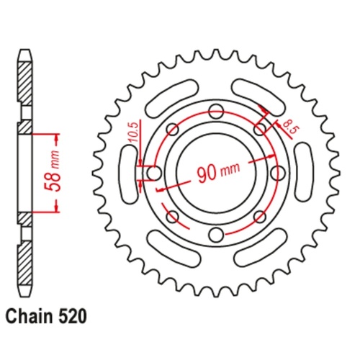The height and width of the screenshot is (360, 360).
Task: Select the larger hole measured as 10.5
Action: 153,174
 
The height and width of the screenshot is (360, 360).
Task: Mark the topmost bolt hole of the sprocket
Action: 215,112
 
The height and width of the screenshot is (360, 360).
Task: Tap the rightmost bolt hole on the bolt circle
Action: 277,174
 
